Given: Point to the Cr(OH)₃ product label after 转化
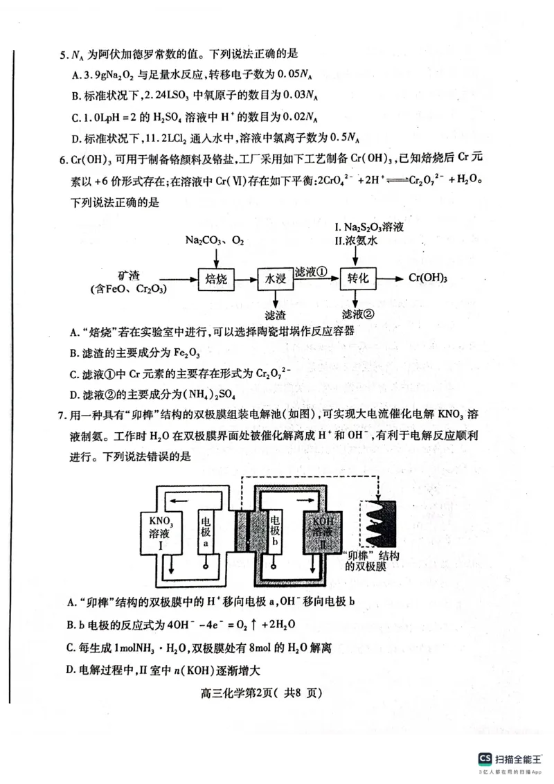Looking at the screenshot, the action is [428, 278].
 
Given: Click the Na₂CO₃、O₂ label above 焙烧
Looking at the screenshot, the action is [215, 240].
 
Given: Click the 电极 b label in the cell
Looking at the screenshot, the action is [276, 532].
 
